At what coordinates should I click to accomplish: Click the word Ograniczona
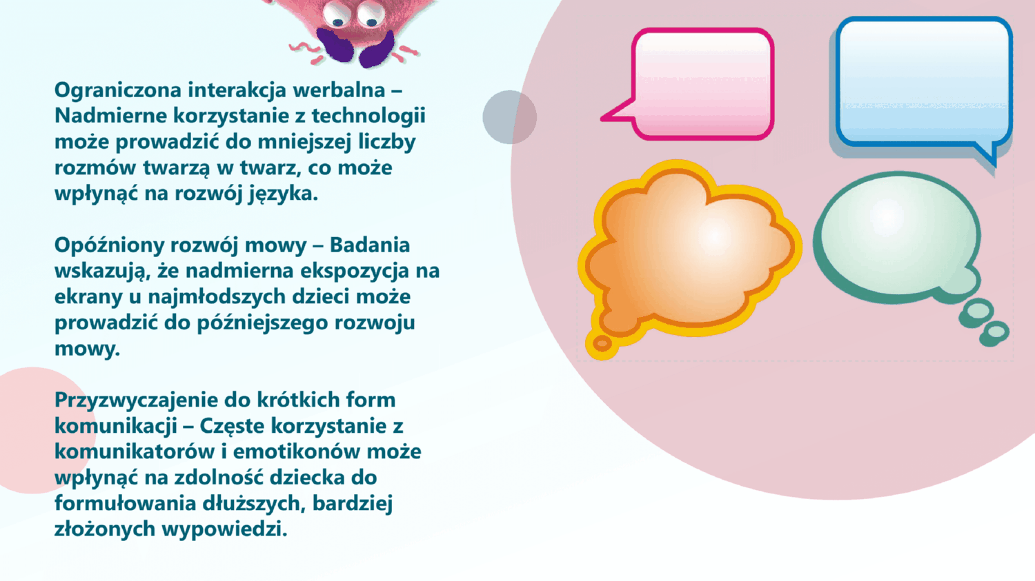tap(118, 90)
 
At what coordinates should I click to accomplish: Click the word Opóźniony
tap(110, 245)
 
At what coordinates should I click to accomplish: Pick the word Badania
tap(370, 245)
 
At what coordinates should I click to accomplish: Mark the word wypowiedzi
tap(224, 529)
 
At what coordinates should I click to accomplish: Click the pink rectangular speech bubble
tap(702, 84)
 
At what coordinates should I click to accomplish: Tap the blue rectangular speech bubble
tap(924, 83)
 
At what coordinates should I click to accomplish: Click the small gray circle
tap(510, 117)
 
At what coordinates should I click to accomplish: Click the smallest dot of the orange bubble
tap(602, 343)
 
